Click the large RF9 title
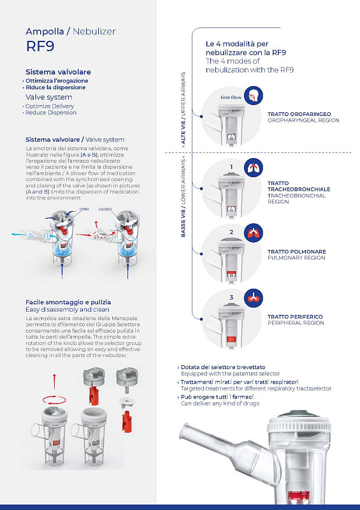(x=40, y=46)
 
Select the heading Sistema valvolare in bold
(x=58, y=72)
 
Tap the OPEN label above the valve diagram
(x=84, y=209)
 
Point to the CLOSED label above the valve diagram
(x=105, y=209)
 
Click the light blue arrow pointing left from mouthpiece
(x=19, y=234)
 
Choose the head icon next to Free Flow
(x=254, y=96)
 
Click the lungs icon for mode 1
(x=254, y=168)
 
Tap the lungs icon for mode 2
(x=254, y=233)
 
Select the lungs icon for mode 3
(x=254, y=298)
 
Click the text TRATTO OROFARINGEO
(x=299, y=114)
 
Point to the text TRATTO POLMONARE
(x=296, y=251)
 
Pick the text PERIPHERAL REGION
(x=296, y=323)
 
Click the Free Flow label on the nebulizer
(x=231, y=98)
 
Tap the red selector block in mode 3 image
(x=231, y=340)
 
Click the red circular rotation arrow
(x=54, y=400)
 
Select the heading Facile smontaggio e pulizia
(x=68, y=302)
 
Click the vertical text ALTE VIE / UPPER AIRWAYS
(x=183, y=108)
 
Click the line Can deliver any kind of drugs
(x=220, y=404)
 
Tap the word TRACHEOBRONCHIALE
(x=299, y=189)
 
